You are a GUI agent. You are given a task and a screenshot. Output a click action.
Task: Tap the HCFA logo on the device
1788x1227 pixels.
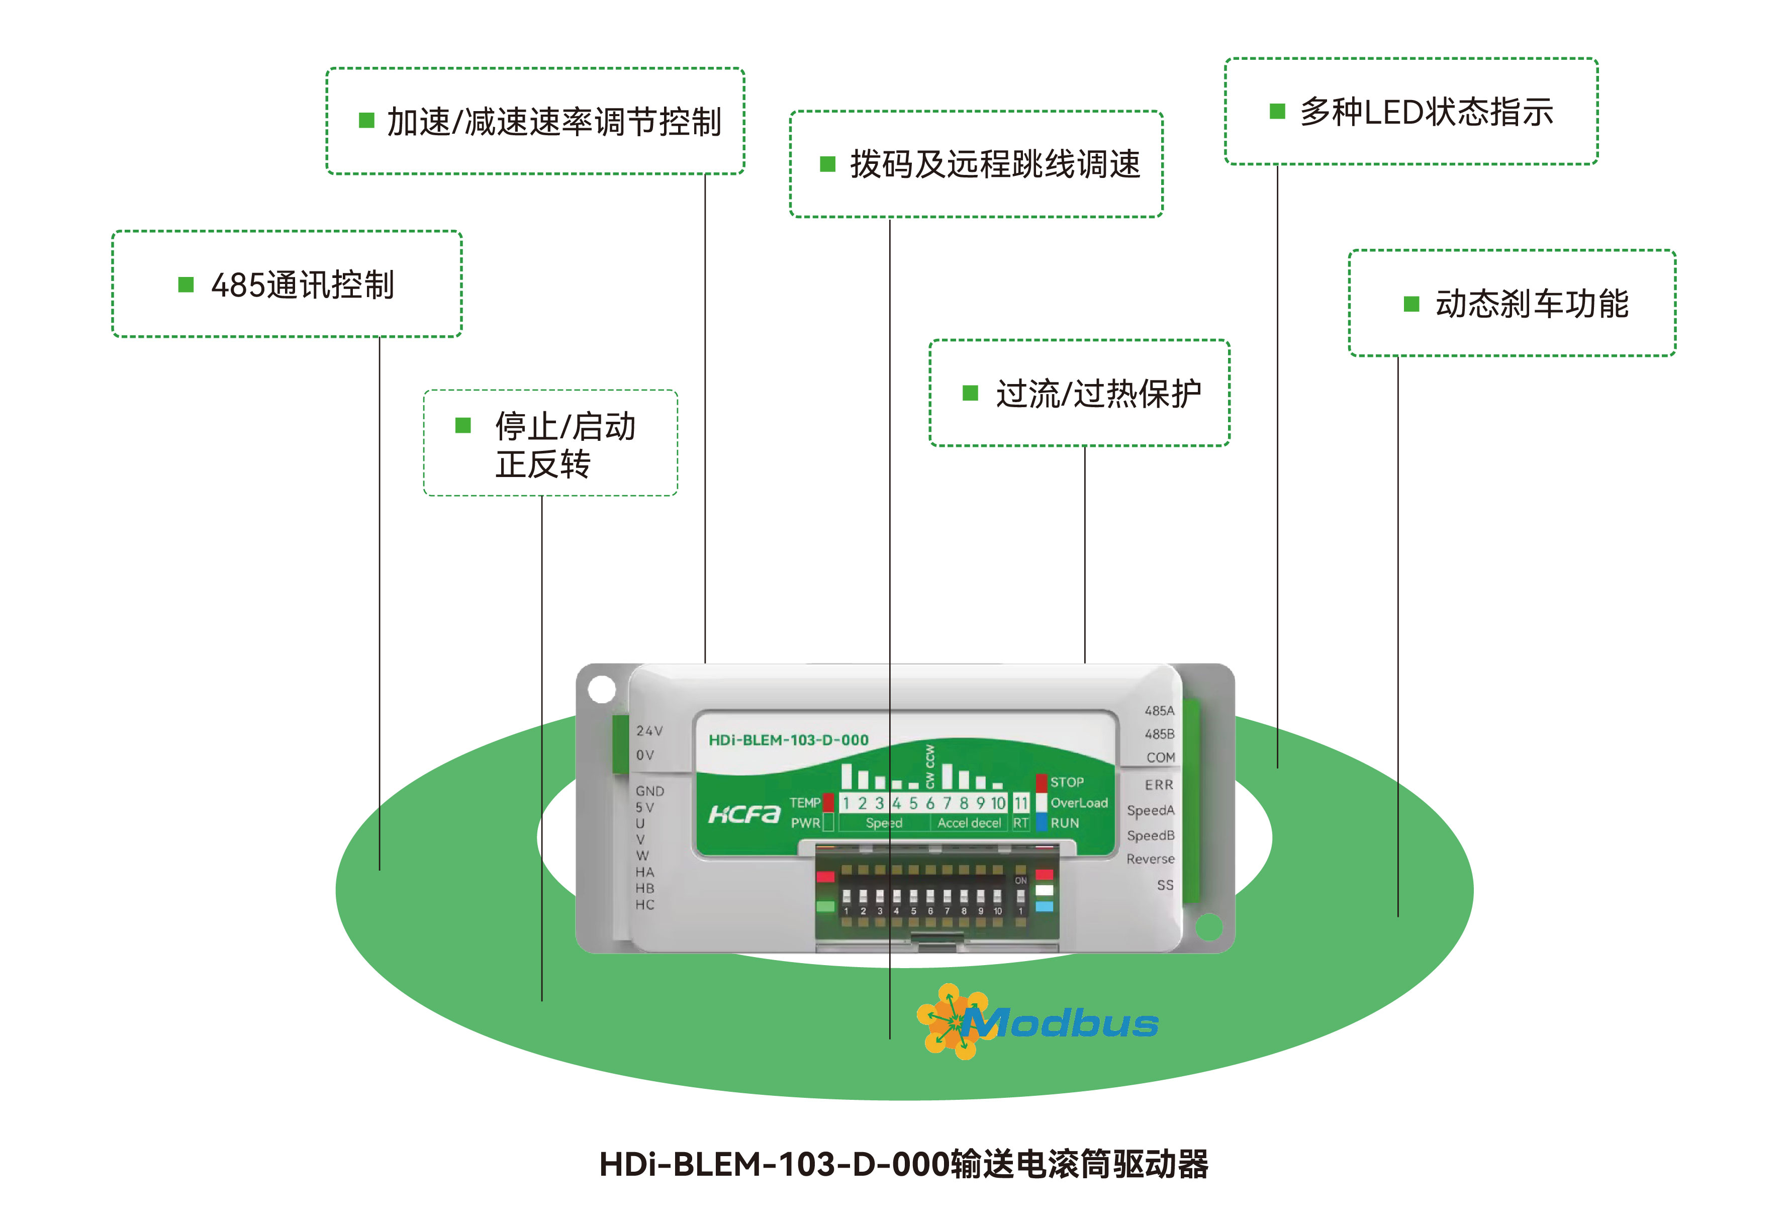pos(743,814)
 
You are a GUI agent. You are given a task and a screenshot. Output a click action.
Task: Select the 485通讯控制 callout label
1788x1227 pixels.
pos(303,286)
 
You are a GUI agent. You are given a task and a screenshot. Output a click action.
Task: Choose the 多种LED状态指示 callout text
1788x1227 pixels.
pos(1427,112)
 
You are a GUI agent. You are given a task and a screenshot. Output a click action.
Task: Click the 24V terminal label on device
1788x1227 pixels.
pos(648,731)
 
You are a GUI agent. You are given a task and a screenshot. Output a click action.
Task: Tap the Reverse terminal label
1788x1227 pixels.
pos(1150,859)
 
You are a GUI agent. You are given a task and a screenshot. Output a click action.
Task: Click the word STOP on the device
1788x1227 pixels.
pos(1067,782)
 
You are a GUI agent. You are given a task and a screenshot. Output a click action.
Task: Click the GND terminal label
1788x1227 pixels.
pos(649,791)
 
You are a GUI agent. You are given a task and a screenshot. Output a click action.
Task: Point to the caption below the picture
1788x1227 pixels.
pos(903,1165)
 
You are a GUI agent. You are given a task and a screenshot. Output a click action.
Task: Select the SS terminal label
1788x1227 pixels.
pos(1165,885)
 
